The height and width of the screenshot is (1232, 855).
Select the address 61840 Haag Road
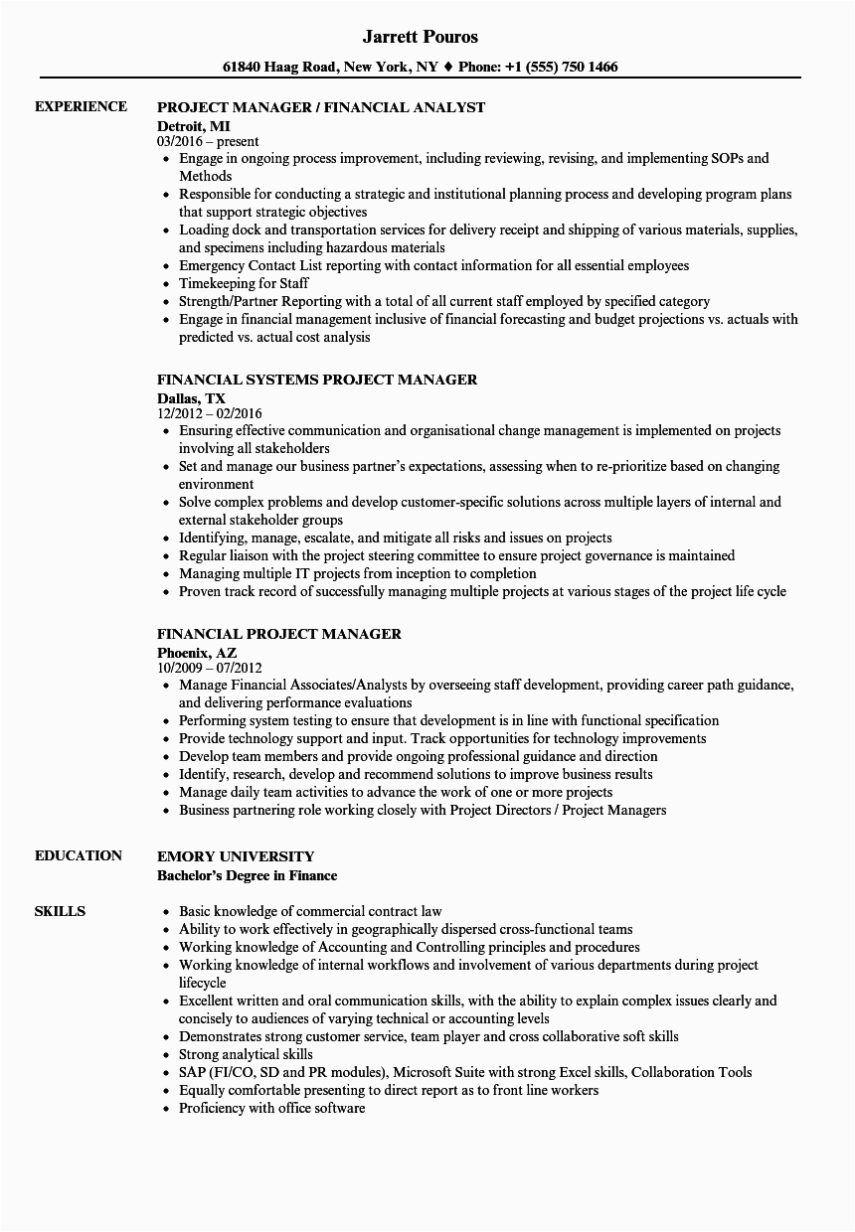click(281, 68)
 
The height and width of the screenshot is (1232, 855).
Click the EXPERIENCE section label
click(81, 106)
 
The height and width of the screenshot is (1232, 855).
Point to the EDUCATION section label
click(79, 855)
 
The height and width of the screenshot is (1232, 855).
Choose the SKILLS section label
click(60, 911)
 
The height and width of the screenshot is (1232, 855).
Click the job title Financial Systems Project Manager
click(317, 379)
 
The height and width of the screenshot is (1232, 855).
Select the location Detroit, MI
click(191, 125)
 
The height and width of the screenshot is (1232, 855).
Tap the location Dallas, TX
click(191, 397)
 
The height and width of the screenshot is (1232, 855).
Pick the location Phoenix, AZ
click(196, 652)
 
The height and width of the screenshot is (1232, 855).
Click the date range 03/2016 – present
click(208, 141)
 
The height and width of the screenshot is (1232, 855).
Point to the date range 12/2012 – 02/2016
click(210, 413)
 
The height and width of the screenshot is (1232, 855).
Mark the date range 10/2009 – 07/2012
click(210, 668)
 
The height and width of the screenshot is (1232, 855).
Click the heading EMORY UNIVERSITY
click(236, 855)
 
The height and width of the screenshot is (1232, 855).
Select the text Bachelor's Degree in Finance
click(248, 875)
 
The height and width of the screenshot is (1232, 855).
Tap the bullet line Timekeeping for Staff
click(243, 283)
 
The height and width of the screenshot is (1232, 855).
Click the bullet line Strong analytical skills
click(246, 1054)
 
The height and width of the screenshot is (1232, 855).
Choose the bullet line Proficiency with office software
click(271, 1108)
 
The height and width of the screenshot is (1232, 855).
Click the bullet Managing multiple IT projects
click(357, 573)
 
